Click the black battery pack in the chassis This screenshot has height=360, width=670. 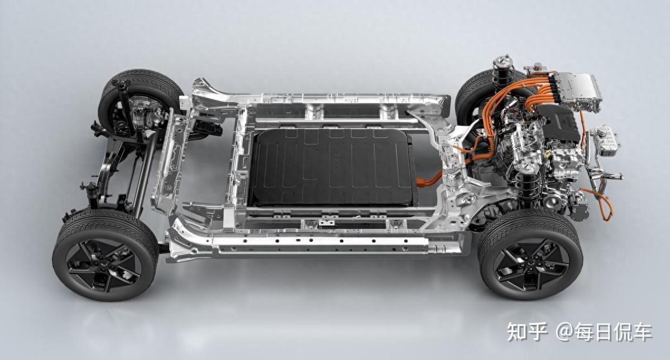[332, 167]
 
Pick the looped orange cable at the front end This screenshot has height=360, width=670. [601, 203]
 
